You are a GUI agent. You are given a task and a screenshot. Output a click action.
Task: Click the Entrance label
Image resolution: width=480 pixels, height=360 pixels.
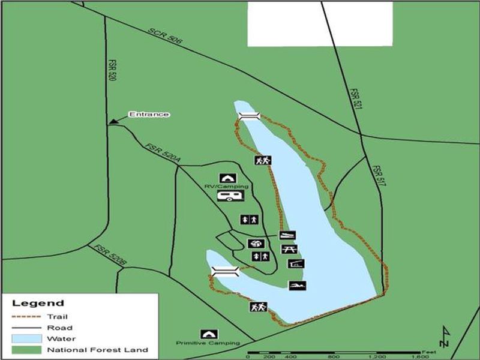coord(149,114)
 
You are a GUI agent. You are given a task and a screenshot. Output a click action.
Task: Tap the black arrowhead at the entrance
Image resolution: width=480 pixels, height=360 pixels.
coord(112,122)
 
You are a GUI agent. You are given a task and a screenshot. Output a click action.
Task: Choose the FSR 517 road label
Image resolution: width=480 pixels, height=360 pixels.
coord(377,176)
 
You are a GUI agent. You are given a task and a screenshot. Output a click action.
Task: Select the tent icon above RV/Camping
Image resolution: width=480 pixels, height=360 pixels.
coord(227,178)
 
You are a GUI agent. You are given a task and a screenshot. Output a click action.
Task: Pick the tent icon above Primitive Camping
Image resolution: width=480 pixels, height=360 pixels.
coord(209,334)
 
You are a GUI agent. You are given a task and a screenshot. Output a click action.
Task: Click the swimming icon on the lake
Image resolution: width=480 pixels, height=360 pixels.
coord(296,285)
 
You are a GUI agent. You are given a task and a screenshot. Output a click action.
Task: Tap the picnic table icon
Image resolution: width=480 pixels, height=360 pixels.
coord(289,249)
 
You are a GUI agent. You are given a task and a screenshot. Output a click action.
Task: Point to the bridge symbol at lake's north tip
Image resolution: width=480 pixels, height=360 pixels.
coord(248,116)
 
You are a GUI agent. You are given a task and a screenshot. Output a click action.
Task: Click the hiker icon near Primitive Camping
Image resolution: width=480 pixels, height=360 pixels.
coord(258,307)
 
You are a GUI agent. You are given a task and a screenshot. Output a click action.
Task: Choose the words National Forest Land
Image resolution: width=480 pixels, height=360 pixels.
coord(97,350)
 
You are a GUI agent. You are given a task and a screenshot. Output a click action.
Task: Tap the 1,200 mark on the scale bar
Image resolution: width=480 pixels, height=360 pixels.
coord(376,356)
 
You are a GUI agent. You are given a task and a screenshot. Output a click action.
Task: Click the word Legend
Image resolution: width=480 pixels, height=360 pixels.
coord(38,303)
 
